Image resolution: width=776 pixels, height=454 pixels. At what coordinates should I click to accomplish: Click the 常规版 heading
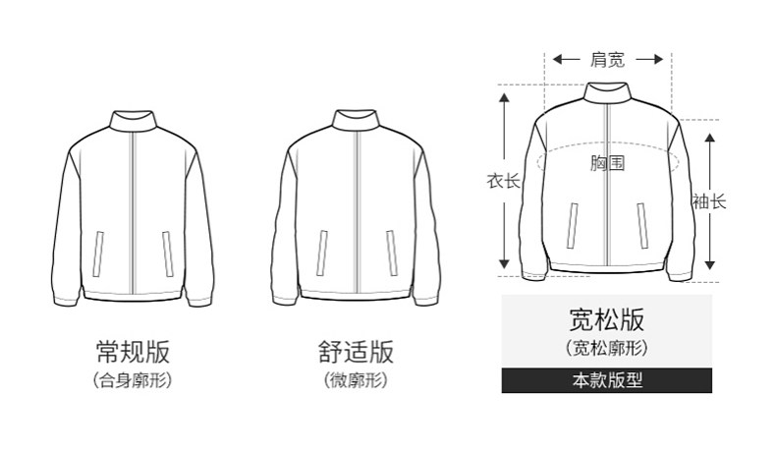point(133,351)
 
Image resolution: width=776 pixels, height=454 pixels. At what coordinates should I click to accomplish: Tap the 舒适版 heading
point(356,351)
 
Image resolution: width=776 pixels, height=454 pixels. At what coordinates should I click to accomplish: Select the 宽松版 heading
point(606,319)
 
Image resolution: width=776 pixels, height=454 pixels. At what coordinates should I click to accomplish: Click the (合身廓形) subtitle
point(133,379)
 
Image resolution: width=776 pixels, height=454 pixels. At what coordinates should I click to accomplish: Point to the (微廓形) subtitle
point(356,379)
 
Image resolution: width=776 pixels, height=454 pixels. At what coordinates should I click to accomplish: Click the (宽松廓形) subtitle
point(606,347)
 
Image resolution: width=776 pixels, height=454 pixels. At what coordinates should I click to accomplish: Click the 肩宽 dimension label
point(606,60)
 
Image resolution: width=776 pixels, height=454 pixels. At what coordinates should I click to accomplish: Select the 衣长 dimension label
point(503,181)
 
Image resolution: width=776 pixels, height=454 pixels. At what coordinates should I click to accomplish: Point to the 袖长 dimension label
point(708,201)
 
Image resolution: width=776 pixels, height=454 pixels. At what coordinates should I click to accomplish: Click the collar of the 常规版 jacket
point(133,121)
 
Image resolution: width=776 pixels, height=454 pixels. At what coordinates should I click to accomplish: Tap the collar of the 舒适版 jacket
point(356,121)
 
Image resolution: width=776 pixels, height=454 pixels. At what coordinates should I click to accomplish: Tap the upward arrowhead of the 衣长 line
point(505,94)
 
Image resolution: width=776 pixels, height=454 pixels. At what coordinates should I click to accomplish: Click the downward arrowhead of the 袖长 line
point(709,264)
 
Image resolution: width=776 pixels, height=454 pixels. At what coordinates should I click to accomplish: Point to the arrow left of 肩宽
point(564,60)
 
